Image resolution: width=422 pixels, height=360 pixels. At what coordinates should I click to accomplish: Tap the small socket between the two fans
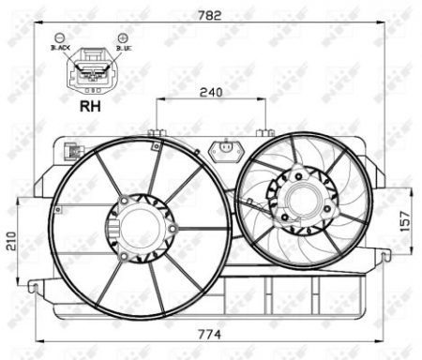pyautogui.click(x=225, y=149)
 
